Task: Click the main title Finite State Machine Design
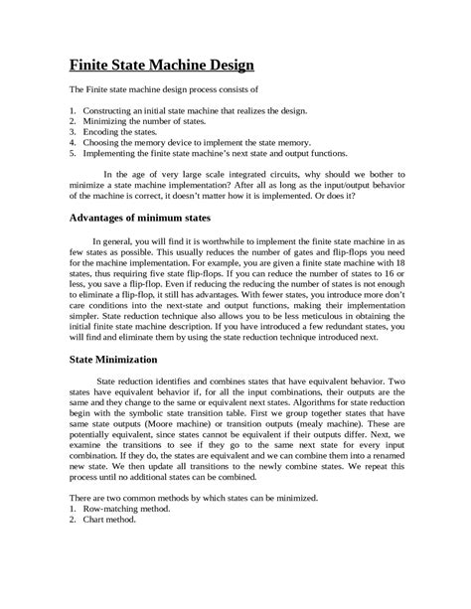[163, 67]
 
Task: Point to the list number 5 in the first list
[73, 154]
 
